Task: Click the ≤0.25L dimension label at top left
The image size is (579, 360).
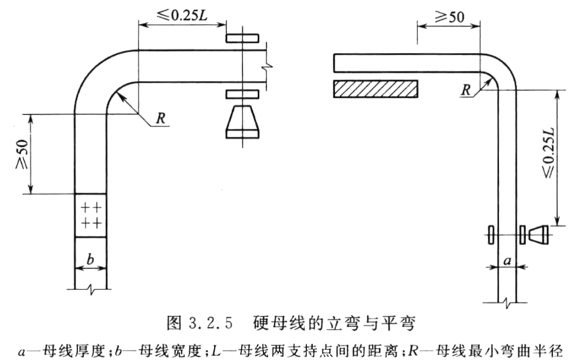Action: [182, 15]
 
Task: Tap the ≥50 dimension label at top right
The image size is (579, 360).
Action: [449, 17]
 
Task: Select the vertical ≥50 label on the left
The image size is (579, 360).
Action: [22, 154]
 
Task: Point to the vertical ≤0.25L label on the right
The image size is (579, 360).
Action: [548, 153]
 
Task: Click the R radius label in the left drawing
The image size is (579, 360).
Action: [160, 119]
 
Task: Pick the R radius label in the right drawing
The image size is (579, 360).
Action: [466, 90]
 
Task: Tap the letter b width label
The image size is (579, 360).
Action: [90, 260]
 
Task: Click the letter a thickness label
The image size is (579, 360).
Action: [508, 261]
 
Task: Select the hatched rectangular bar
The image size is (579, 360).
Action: [376, 89]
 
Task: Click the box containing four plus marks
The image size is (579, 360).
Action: [90, 215]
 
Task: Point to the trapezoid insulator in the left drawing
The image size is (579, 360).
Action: [242, 122]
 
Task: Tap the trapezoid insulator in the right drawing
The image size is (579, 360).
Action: [539, 235]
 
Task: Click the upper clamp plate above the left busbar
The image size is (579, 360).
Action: [242, 38]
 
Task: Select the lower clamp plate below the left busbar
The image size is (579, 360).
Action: [242, 94]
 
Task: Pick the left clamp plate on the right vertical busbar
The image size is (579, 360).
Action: [490, 235]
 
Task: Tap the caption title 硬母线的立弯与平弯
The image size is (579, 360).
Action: [334, 323]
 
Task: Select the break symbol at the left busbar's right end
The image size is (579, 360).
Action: [267, 66]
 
